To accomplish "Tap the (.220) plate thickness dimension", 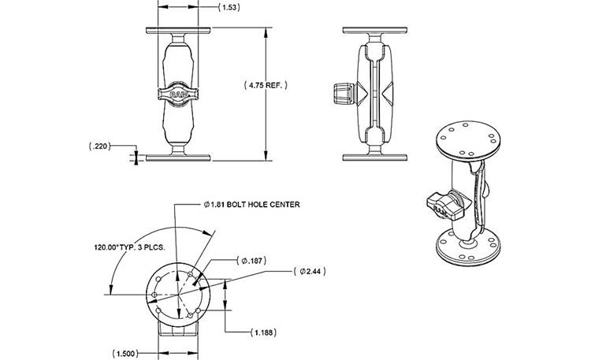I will click(x=99, y=147).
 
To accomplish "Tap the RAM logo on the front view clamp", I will click(x=178, y=95).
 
